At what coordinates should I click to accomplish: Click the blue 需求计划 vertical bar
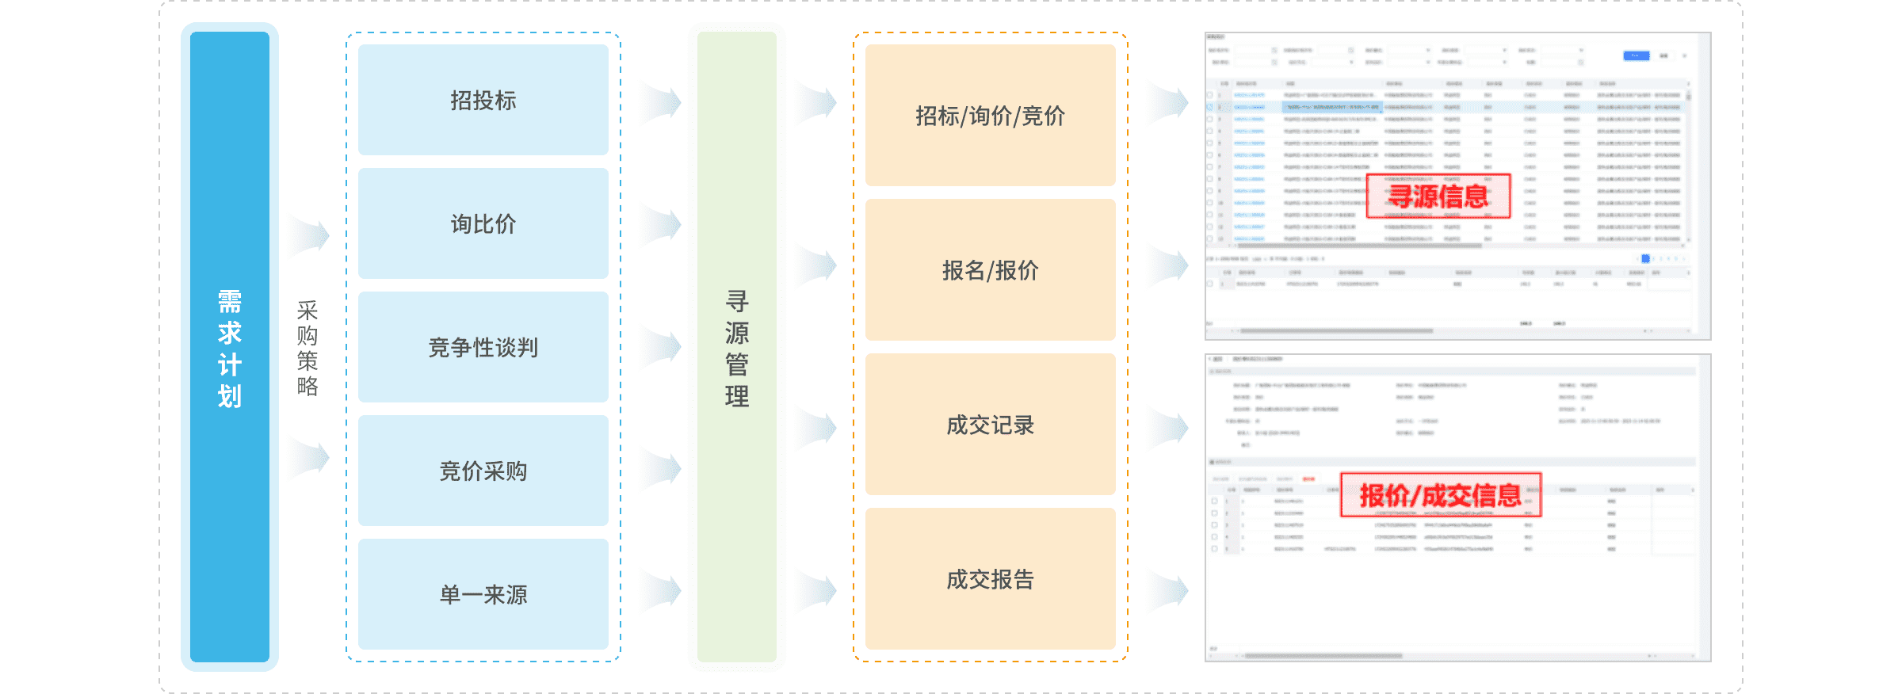pos(230,347)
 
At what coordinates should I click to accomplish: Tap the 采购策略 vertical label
pos(307,348)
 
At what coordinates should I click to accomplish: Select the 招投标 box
pos(483,100)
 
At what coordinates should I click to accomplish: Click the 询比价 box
pos(483,223)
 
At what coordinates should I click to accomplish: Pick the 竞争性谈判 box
pos(483,347)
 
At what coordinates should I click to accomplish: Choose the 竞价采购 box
pos(483,471)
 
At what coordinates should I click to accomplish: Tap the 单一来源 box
pos(483,594)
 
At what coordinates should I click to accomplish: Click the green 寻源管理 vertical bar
pos(737,347)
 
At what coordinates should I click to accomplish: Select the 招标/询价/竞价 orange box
pos(991,116)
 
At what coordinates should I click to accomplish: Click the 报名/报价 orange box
pos(991,270)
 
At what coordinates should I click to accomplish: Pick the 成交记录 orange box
pos(991,425)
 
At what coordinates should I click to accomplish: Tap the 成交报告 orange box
pos(991,579)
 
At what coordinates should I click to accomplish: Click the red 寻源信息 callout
pos(1438,196)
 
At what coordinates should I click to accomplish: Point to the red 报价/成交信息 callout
pos(1440,495)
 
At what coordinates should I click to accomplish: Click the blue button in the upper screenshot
pos(1636,55)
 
